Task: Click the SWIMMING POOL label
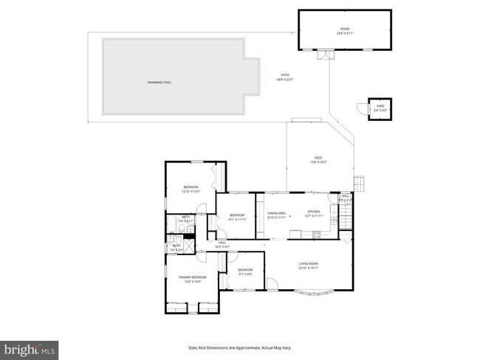pos(159,82)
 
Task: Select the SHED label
pos(380,106)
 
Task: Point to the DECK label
pos(318,157)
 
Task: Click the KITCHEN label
pos(313,212)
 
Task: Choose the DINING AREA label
pos(275,212)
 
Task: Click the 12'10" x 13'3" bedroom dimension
pos(191,192)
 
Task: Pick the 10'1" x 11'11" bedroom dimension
pos(236,219)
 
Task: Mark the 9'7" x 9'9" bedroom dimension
pos(245,274)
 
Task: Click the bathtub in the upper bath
pos(170,221)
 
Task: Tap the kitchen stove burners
pos(316,235)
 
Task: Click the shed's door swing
pos(362,109)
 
